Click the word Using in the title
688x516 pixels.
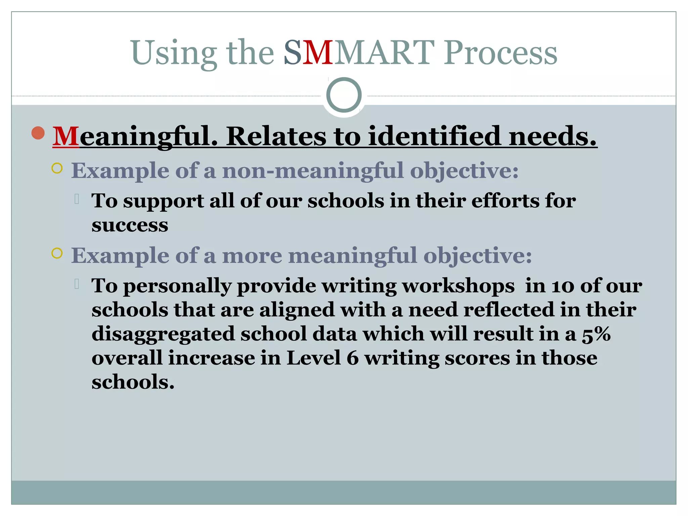173,53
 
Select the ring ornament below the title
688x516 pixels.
344,95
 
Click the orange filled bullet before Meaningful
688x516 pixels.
38,133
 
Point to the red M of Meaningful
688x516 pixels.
66,136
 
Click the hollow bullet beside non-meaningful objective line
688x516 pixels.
57,168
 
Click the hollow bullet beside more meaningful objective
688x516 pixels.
57,253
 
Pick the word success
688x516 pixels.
130,225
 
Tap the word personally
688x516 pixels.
177,287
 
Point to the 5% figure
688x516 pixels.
596,334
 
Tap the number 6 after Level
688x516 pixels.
352,358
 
